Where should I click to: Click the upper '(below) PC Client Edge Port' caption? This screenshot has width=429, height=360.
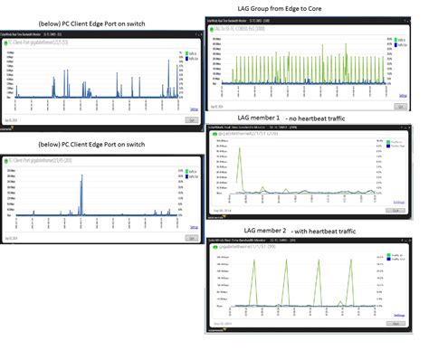92,22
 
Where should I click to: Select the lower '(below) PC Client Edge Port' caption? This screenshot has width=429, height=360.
92,144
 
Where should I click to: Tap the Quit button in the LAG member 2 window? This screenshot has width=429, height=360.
397,322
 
